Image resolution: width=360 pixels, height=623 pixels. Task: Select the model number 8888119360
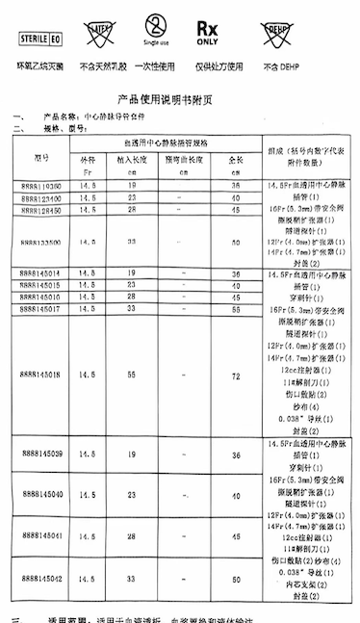pyautogui.click(x=39, y=183)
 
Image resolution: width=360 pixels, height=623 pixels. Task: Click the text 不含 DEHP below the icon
pyautogui.click(x=266, y=65)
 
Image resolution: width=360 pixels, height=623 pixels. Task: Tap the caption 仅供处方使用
pyautogui.click(x=208, y=65)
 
